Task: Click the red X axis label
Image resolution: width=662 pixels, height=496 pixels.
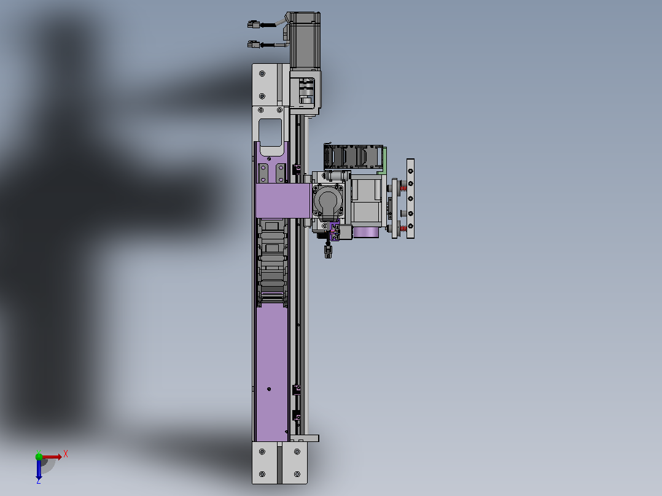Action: [66, 454]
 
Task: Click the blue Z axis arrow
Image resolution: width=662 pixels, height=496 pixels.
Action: [39, 470]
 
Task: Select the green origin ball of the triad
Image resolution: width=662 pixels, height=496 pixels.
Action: [39, 456]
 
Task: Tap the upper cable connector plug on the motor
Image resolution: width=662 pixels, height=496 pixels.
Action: [253, 25]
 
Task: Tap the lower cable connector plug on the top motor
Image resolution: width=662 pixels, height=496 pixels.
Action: [253, 44]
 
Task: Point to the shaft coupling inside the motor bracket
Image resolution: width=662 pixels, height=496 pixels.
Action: [306, 90]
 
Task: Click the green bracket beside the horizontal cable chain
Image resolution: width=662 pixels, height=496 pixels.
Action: [383, 160]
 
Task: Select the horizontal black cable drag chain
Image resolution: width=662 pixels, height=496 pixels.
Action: [354, 157]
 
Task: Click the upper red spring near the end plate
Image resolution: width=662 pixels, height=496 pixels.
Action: [403, 186]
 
